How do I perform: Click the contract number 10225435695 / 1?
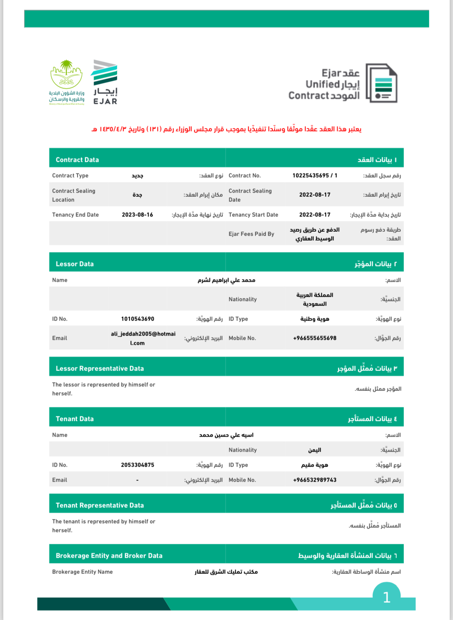315,176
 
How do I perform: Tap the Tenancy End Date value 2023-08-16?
137,215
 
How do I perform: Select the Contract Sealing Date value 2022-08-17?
315,195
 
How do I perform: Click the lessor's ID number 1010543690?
138,319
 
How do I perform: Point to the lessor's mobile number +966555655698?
315,338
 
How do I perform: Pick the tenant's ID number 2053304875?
138,465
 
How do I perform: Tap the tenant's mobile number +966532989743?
315,480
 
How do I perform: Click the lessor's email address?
143,338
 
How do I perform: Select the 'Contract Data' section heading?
77,160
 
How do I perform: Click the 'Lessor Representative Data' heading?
100,369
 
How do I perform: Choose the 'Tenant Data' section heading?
75,419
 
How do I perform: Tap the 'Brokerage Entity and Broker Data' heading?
109,556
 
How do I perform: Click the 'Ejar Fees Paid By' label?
251,234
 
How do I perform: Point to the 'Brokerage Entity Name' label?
82,572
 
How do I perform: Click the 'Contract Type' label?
70,176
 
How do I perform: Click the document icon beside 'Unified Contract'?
382,83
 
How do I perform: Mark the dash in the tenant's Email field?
137,480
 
